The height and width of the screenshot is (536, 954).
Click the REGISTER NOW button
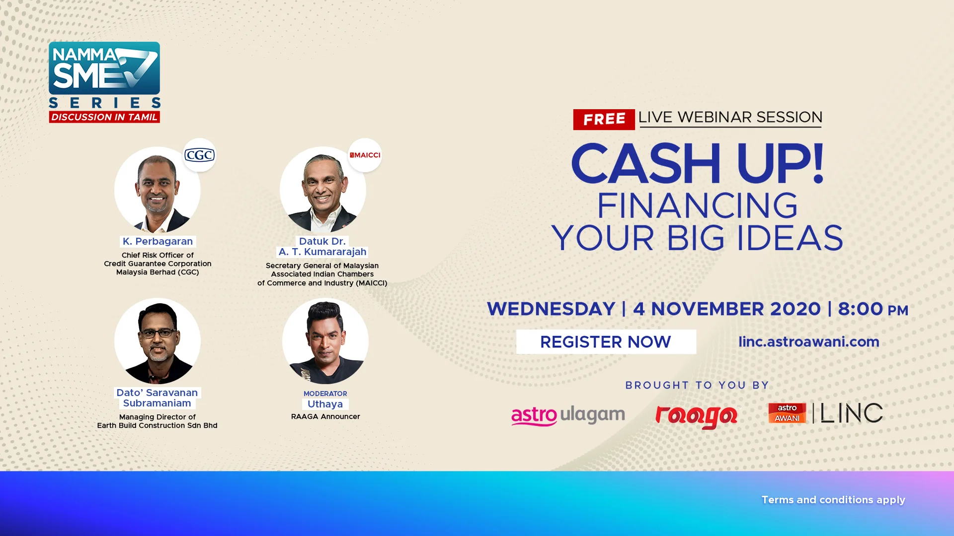(x=606, y=341)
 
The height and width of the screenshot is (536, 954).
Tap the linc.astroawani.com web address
(x=808, y=341)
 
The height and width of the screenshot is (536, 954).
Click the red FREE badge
(x=604, y=120)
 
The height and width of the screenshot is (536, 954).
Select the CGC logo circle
(x=200, y=155)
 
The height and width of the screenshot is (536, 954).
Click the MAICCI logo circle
(x=365, y=155)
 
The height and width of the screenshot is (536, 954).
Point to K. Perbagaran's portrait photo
(x=158, y=190)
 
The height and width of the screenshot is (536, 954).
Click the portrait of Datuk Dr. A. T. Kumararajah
(x=323, y=190)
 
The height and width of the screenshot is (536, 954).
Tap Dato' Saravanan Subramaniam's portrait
(x=158, y=341)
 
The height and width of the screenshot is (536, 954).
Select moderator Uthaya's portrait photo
(x=325, y=341)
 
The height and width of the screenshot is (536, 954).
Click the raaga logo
(x=696, y=416)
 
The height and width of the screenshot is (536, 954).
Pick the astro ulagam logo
(x=568, y=415)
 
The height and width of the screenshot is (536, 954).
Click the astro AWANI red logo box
(x=787, y=413)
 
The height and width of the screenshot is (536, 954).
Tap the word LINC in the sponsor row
(x=852, y=413)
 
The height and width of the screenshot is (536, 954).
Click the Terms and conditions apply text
(x=833, y=500)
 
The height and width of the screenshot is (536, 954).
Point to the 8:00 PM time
(x=873, y=309)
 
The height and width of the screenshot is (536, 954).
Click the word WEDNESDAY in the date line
(x=551, y=309)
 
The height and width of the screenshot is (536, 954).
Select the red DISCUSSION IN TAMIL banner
(x=104, y=117)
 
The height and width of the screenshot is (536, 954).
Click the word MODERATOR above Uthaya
(x=325, y=394)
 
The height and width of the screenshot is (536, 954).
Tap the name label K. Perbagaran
(x=158, y=241)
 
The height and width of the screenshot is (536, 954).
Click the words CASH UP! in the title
(x=698, y=163)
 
